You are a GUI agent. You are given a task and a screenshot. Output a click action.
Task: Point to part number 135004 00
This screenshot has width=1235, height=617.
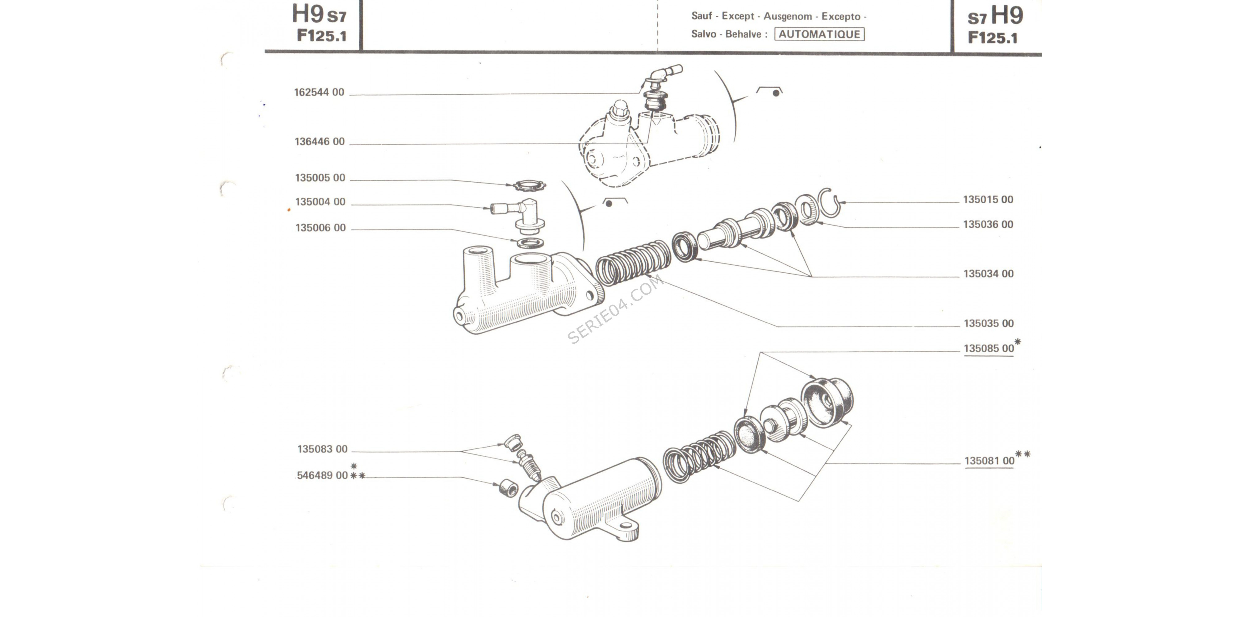point(320,202)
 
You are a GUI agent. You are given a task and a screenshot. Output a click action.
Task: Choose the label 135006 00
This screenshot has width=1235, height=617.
point(320,228)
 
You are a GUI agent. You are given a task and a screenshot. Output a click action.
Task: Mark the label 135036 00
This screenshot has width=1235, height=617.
point(988,224)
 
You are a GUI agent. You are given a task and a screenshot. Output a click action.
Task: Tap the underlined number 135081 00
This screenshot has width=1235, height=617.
point(989,461)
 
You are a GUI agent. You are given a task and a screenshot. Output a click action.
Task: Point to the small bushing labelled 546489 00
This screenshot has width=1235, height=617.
point(508,488)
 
